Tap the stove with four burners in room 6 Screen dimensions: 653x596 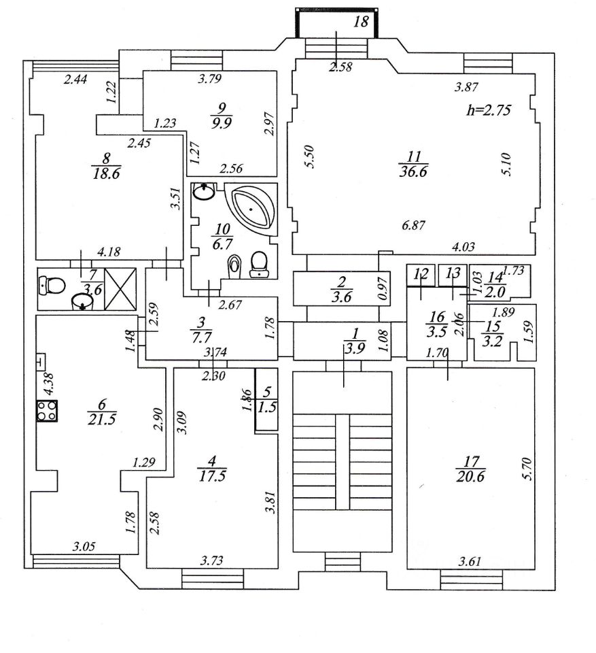[x=47, y=411]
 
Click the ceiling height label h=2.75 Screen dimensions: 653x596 [x=487, y=109]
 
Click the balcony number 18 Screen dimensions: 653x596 [x=362, y=22]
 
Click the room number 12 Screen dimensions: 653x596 [x=422, y=275]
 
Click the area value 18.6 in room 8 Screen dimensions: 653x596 [x=105, y=174]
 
